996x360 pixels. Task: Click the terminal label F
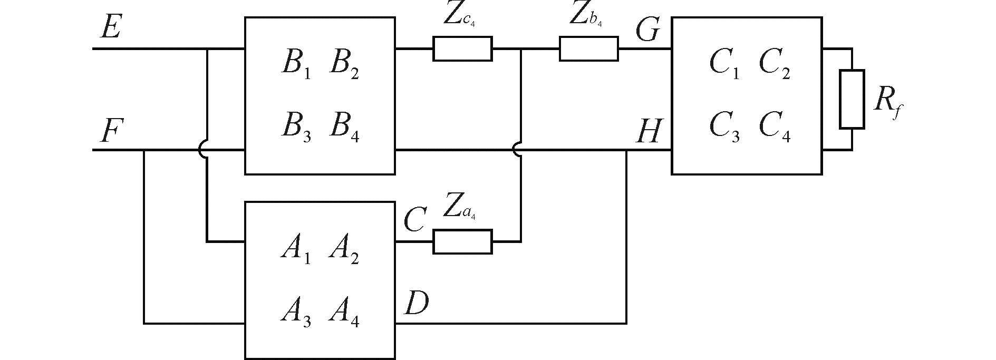tap(110, 131)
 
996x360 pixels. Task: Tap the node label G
tap(647, 30)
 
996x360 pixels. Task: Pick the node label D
tap(416, 304)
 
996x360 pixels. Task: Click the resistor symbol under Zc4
tap(462, 48)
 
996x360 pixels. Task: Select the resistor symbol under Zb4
tap(588, 48)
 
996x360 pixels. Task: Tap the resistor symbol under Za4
tap(462, 241)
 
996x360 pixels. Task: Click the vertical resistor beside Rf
tap(852, 99)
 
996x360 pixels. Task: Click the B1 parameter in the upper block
tap(296, 64)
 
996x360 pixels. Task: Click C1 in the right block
tap(724, 64)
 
